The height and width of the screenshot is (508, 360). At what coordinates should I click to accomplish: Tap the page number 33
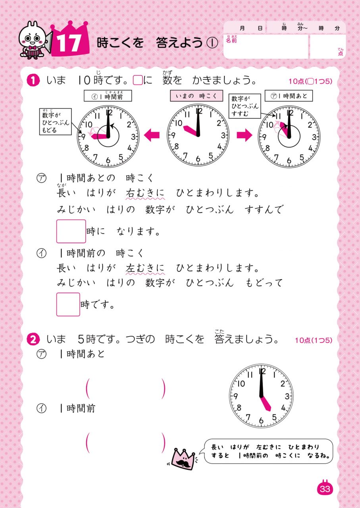tap(325, 489)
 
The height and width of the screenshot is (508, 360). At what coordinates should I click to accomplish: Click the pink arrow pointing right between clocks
tap(244, 135)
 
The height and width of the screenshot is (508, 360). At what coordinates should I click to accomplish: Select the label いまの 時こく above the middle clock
tap(196, 96)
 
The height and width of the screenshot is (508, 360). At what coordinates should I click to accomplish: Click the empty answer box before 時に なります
tap(71, 231)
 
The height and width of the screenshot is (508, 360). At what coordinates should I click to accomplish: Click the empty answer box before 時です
tap(68, 304)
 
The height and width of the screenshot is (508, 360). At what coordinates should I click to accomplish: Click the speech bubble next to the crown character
tap(268, 451)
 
